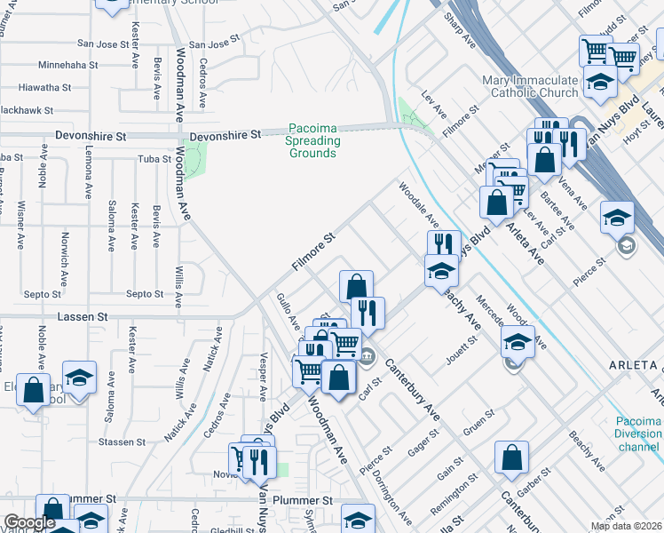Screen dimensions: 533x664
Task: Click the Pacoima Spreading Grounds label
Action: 312,140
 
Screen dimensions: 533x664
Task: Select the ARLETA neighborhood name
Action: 632,366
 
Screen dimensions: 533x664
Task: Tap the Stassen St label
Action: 123,442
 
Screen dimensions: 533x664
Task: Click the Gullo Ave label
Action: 289,314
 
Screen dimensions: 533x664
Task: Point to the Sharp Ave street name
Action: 461,32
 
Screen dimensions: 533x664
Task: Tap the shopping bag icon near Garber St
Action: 511,458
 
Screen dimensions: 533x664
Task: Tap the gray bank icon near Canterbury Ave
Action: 368,357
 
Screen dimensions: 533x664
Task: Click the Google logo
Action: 29,523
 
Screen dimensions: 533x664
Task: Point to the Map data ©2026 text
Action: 626,526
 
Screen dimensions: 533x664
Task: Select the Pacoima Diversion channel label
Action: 639,434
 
